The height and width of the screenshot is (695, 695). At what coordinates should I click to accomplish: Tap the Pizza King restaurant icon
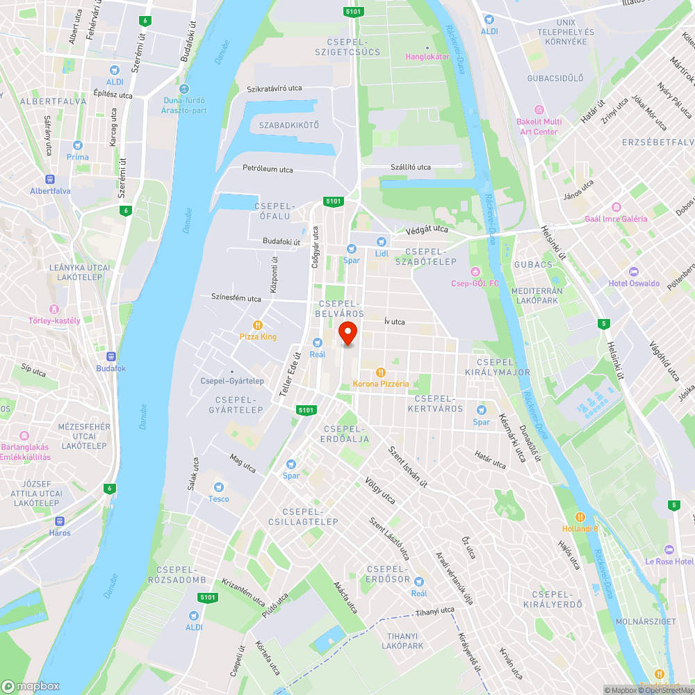coord(258,325)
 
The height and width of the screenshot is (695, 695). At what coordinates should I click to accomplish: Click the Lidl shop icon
coord(381,241)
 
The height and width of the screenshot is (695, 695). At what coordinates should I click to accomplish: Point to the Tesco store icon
coord(219,486)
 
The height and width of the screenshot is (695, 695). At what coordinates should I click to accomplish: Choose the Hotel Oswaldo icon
coord(632,271)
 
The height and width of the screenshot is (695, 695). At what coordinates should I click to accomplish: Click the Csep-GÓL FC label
coord(475,284)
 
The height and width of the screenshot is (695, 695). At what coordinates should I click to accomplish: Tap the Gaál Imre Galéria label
coord(616,219)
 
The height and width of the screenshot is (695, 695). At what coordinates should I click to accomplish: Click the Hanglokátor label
coord(427,56)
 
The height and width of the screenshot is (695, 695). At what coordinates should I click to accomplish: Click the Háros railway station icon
coord(60,521)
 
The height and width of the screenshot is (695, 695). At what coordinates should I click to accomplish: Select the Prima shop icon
coord(78,145)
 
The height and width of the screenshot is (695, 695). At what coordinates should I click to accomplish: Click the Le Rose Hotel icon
coord(669,549)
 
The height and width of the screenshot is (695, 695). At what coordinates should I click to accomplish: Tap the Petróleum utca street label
coord(268,170)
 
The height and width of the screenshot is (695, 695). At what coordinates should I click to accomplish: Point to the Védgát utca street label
coord(422,229)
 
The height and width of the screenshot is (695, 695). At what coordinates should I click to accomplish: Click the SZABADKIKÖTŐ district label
coord(288,125)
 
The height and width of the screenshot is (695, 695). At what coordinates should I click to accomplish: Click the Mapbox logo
coord(31,686)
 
